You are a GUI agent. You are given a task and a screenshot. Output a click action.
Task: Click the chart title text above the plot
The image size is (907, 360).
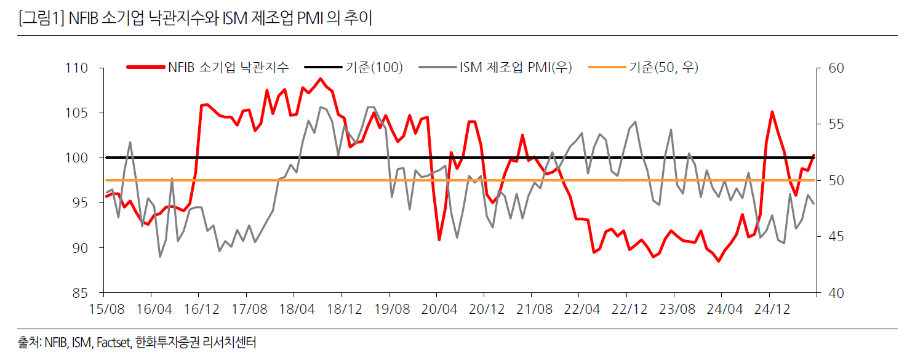(195, 18)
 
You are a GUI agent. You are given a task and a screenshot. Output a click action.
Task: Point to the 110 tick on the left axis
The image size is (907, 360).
(77, 68)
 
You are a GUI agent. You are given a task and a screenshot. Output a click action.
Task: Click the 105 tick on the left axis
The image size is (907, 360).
(77, 113)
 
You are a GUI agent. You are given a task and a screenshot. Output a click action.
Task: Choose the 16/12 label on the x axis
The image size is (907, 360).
(200, 307)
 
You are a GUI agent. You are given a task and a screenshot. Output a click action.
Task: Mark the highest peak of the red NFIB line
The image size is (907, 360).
(320, 79)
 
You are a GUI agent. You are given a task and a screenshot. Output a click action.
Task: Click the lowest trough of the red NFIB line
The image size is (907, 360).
(718, 262)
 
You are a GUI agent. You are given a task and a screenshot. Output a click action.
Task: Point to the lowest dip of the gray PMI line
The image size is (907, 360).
(161, 256)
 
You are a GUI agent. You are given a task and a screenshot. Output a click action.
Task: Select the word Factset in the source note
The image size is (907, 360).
(112, 343)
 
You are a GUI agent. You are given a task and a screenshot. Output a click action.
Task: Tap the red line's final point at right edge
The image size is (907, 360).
(813, 155)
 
